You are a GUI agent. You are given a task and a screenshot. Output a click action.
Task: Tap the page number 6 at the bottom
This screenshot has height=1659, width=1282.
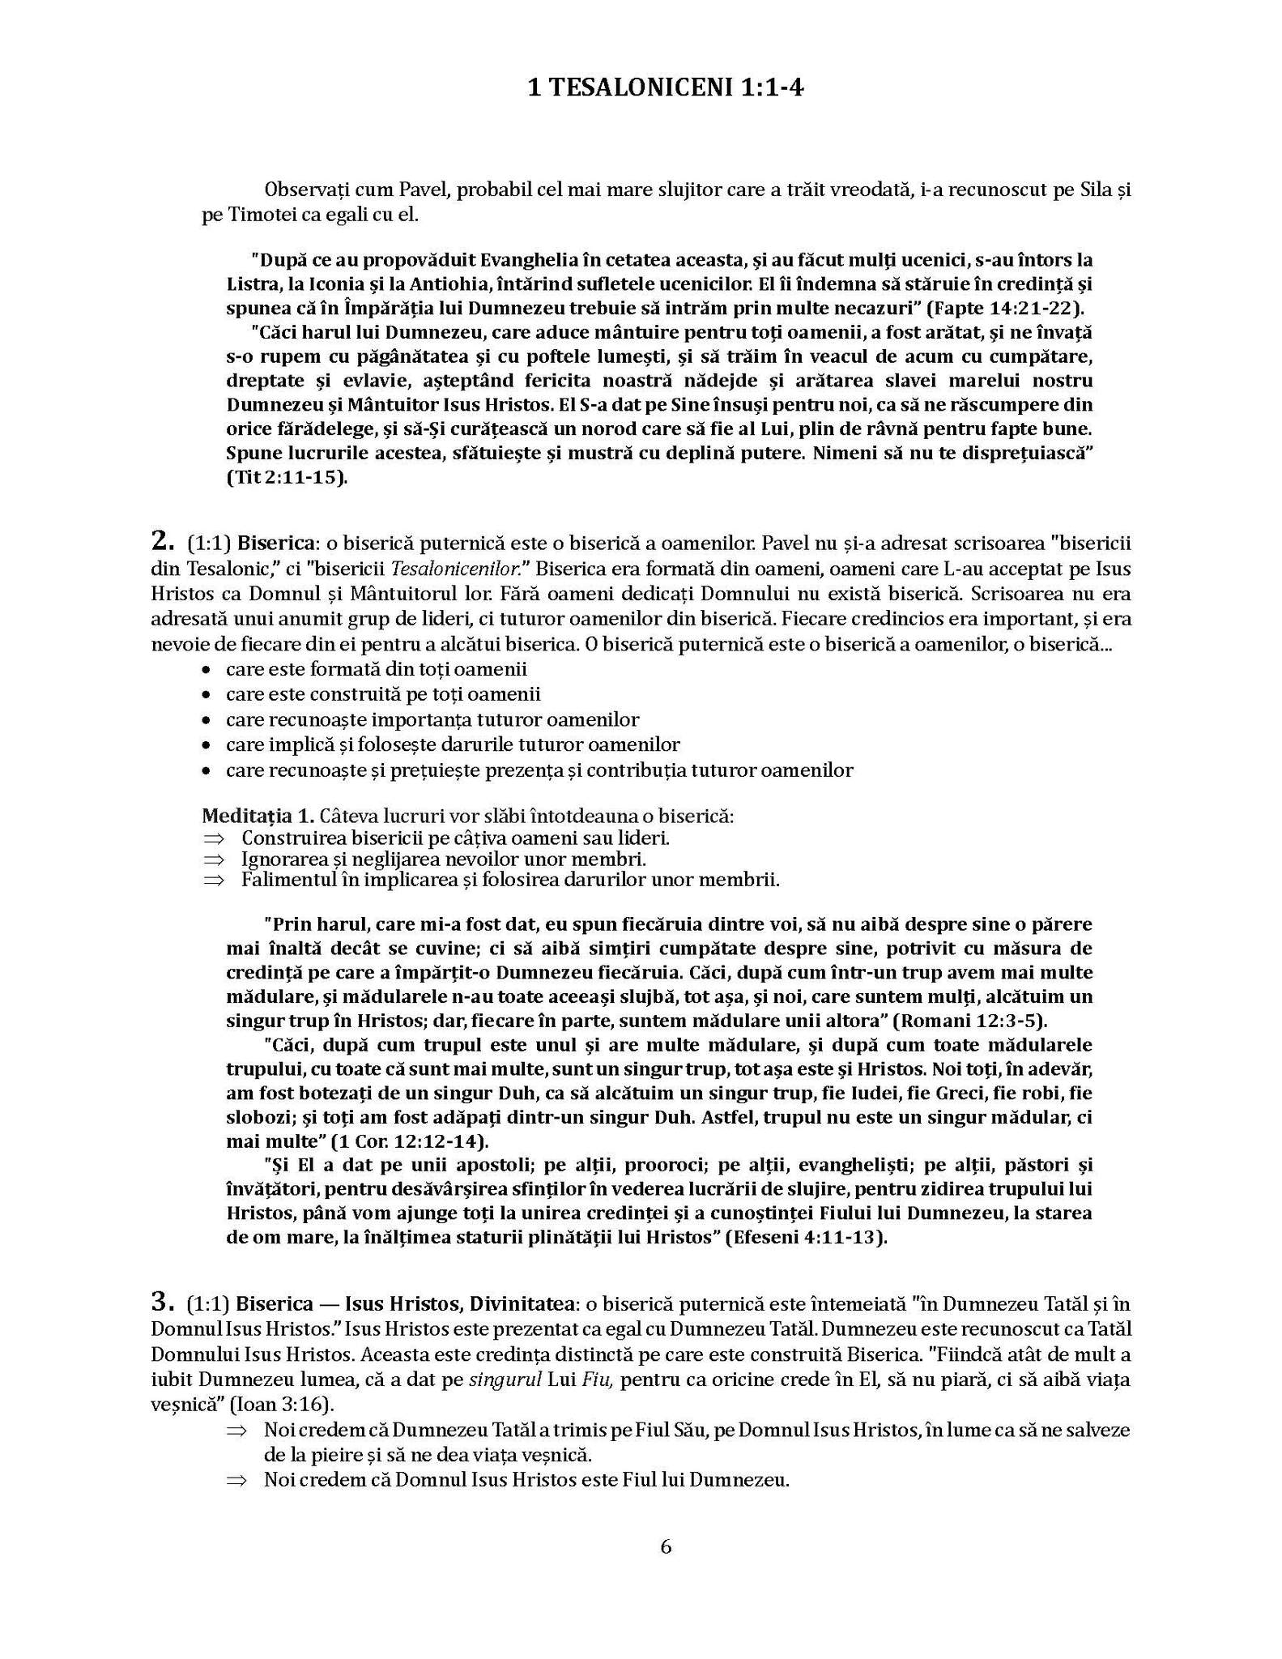(x=666, y=1546)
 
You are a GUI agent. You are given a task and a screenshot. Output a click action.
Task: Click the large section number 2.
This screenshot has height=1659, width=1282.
(x=162, y=539)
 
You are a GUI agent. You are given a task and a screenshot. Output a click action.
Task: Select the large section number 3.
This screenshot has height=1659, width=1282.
(x=162, y=1302)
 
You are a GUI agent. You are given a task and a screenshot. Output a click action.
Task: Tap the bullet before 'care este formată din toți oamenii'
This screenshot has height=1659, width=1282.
(x=208, y=670)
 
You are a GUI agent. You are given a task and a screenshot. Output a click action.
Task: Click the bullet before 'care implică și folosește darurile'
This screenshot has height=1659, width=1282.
(x=208, y=745)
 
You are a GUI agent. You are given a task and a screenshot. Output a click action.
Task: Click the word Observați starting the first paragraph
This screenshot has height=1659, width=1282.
(x=307, y=190)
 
